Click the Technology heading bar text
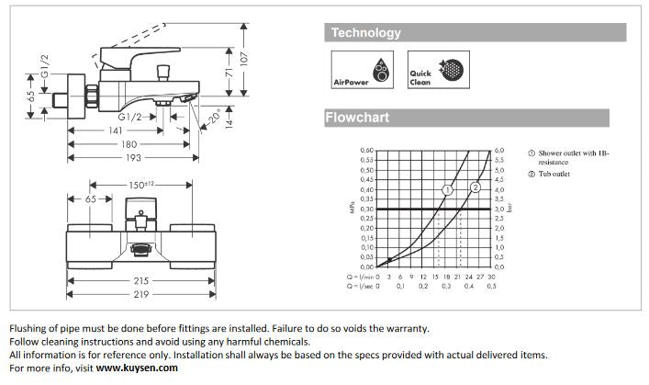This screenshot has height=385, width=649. coord(366,33)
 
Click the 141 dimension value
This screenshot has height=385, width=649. coord(116,130)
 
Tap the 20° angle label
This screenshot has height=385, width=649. coord(215,119)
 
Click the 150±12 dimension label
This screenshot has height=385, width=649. coord(145,186)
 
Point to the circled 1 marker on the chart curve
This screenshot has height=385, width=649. coord(447,190)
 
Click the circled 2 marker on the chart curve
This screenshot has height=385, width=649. coord(476,187)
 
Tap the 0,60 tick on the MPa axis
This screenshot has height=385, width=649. coord(367,150)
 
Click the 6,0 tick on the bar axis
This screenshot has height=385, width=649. coord(499,150)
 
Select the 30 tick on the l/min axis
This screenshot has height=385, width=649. coord(491,276)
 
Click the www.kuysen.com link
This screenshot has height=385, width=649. coord(138,368)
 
